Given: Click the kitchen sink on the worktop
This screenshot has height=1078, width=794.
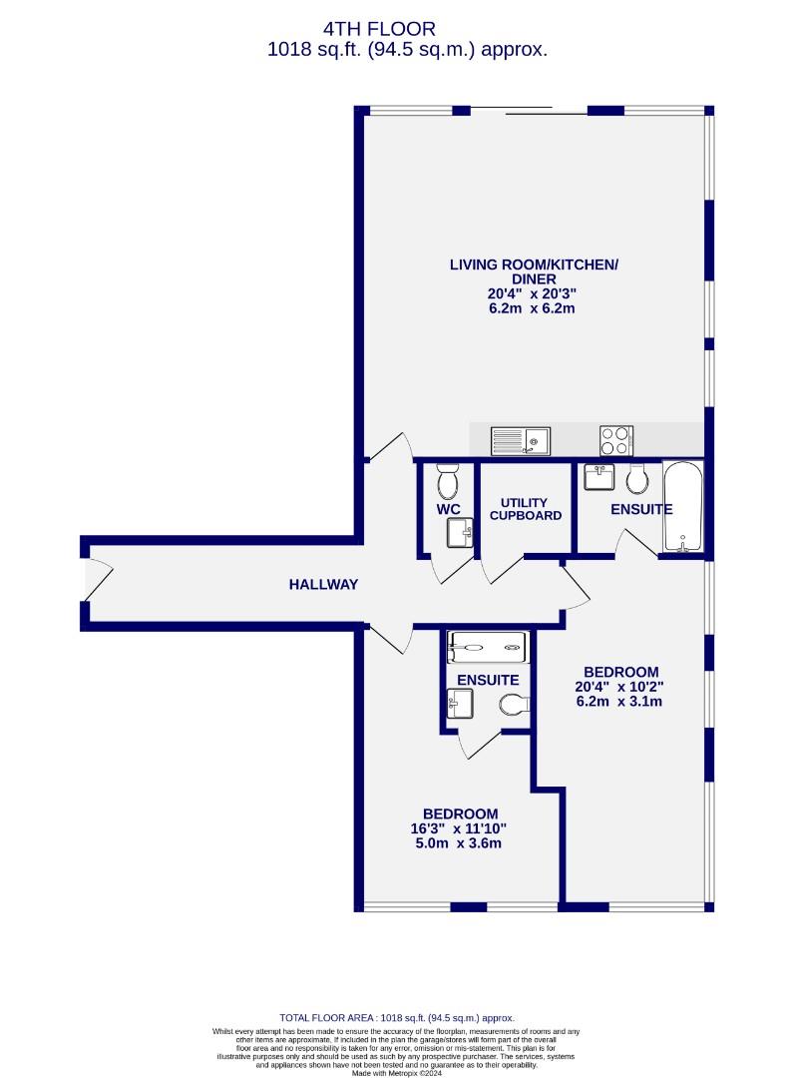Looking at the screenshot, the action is point(521,441).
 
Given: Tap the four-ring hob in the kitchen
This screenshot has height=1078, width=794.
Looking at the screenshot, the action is point(616,441).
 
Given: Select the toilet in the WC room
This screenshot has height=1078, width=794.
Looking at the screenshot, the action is point(447,481).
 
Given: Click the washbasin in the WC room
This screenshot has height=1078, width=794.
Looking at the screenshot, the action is point(460,533).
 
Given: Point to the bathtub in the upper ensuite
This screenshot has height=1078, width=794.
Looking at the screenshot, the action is point(682,507).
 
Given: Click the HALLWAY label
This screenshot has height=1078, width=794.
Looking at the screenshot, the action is point(323,584).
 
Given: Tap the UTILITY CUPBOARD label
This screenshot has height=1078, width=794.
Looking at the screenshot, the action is point(526,509).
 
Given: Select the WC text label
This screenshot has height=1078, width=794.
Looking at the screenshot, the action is point(449,509).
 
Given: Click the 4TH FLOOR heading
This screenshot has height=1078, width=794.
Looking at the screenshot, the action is point(379,29).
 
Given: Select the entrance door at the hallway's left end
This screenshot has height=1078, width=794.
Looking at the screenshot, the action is point(96,581).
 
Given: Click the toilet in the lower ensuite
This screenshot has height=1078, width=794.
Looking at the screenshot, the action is point(515,704).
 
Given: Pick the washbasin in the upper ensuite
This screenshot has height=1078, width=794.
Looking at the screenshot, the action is point(598,477).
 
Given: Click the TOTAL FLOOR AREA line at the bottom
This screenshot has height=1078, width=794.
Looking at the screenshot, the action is point(397,1018).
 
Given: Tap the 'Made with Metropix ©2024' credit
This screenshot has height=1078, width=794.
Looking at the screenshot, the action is point(397,1072).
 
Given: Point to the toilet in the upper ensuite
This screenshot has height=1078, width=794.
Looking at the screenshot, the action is point(637,478).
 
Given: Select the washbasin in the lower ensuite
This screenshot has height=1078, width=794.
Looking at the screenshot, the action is point(460,704).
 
